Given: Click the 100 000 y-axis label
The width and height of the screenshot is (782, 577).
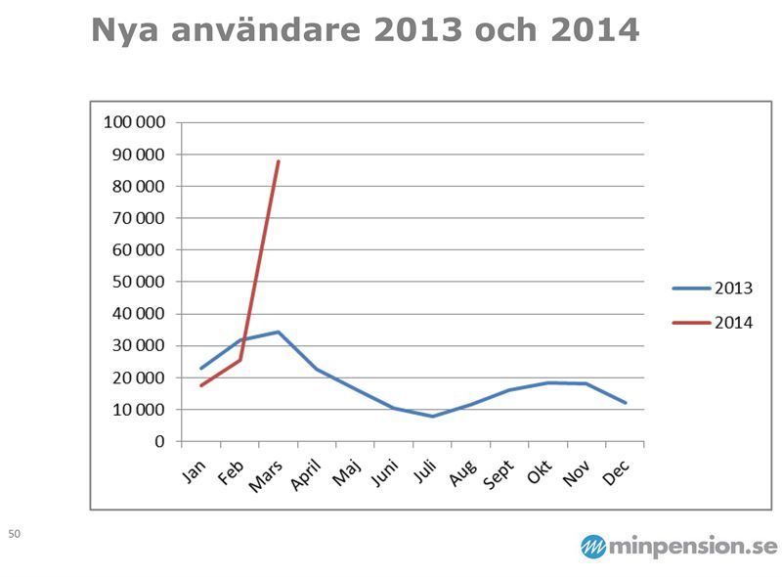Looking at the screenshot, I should (x=134, y=122).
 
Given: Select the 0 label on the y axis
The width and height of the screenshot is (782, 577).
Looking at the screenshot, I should (x=158, y=441).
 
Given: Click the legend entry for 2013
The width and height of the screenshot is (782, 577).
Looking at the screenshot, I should (x=713, y=288).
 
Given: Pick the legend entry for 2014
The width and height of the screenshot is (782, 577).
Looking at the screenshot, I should (x=713, y=322).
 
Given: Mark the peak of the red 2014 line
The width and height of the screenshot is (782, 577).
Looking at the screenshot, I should (x=279, y=161).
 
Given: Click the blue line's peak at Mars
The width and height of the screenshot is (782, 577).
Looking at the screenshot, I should (x=279, y=332).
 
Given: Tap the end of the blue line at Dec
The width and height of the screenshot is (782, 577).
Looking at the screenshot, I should (x=626, y=403).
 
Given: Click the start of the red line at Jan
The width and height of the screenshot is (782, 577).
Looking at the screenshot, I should (x=201, y=385).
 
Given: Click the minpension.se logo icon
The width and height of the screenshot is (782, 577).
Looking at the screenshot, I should (x=593, y=547).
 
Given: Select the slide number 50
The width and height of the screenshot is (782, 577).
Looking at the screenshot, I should (x=14, y=534).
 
